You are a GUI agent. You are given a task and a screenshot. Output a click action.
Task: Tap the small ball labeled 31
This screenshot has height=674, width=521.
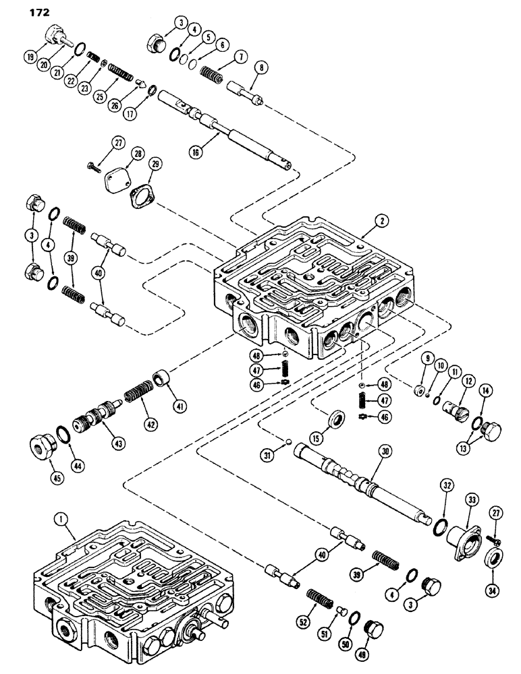click(289, 443)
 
